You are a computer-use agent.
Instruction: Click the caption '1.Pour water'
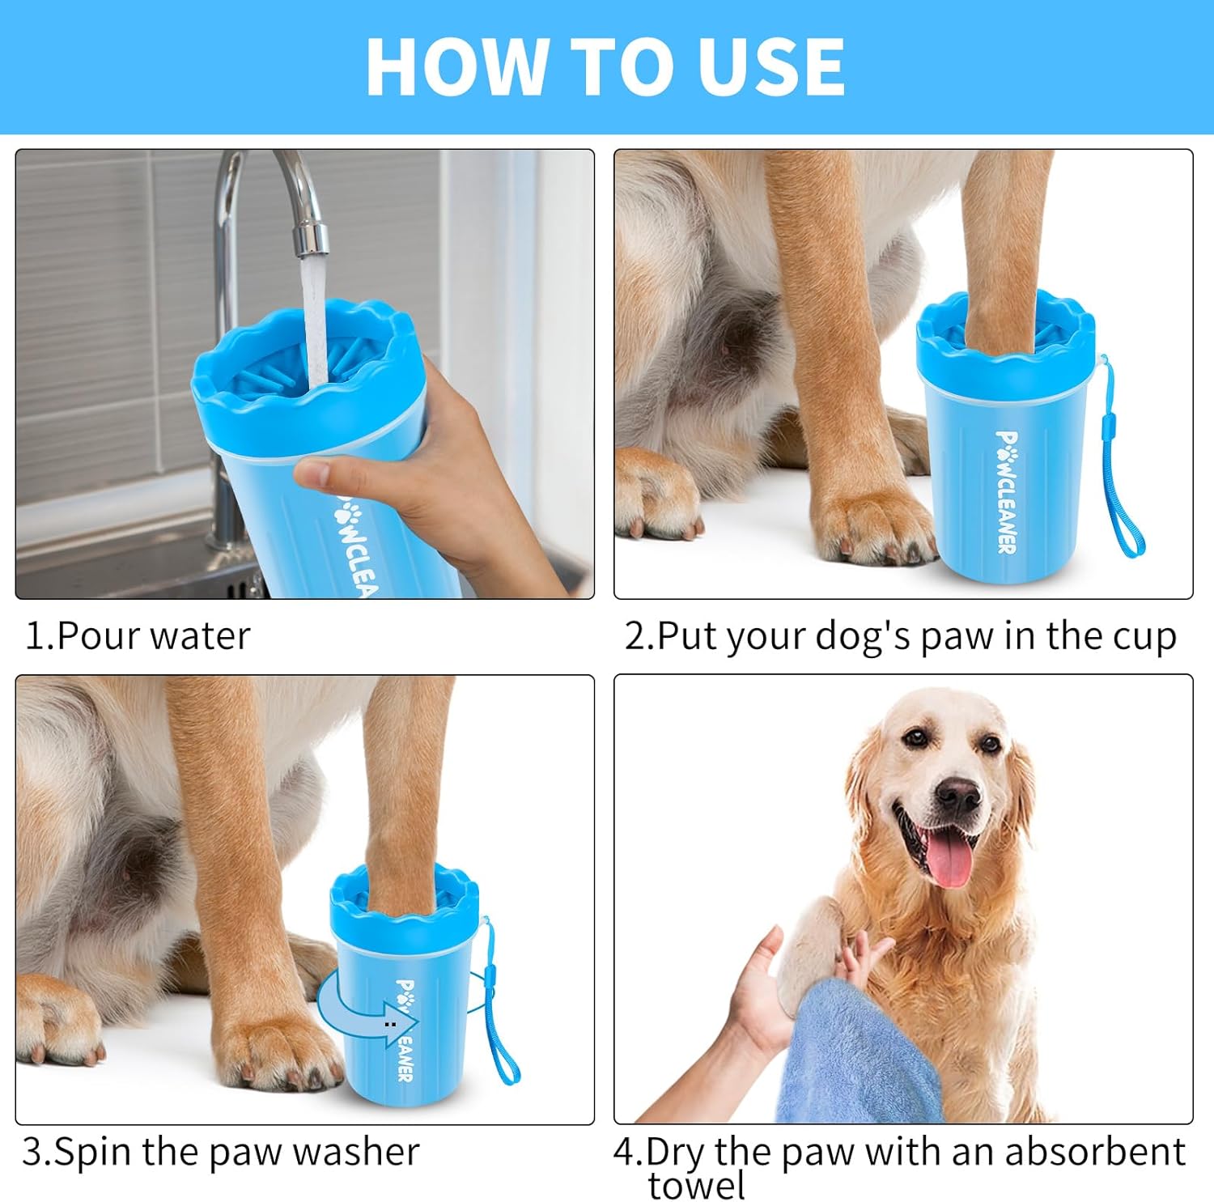138,636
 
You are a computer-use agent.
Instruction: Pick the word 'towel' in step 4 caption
696,1186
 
